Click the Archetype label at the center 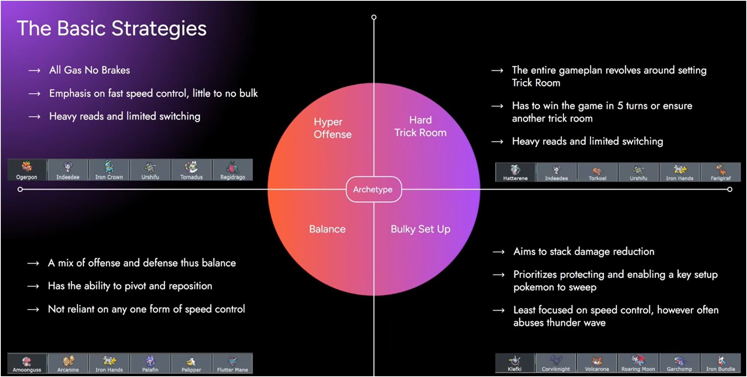373,189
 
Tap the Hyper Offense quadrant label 332,128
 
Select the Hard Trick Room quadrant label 420,126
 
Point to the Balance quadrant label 327,229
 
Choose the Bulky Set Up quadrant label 420,229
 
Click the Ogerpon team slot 27,170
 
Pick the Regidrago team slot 233,170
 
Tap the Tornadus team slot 191,170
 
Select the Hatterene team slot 515,172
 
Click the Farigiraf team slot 720,172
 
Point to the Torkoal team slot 597,172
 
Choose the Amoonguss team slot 27,363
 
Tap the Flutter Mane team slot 233,363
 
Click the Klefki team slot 514,362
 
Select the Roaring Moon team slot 638,362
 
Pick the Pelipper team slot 191,363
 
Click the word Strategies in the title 159,29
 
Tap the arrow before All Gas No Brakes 34,71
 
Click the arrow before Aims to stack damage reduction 498,252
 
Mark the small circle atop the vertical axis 374,17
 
